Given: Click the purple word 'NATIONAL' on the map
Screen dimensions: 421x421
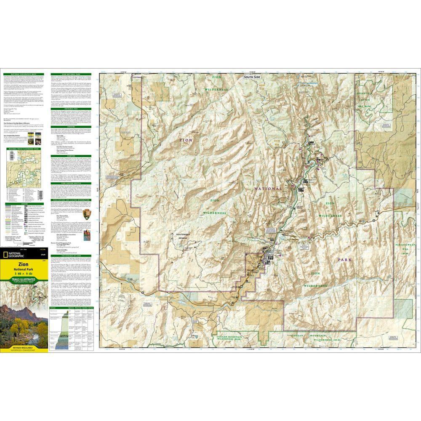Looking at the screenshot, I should click(x=268, y=189).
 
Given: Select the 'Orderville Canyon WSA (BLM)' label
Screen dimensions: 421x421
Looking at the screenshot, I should click(x=366, y=96).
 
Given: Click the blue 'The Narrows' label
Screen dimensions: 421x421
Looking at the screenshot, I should click(x=309, y=83).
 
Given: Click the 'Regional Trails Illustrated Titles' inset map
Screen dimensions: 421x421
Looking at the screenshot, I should click(x=24, y=184).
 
